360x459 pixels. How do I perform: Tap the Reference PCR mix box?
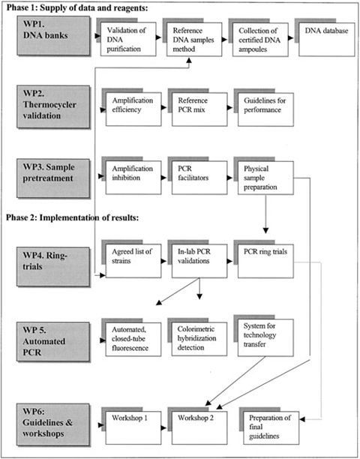[x=197, y=109]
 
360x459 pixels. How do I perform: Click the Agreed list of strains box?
[x=130, y=263]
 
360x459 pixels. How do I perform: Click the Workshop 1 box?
[x=130, y=420]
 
